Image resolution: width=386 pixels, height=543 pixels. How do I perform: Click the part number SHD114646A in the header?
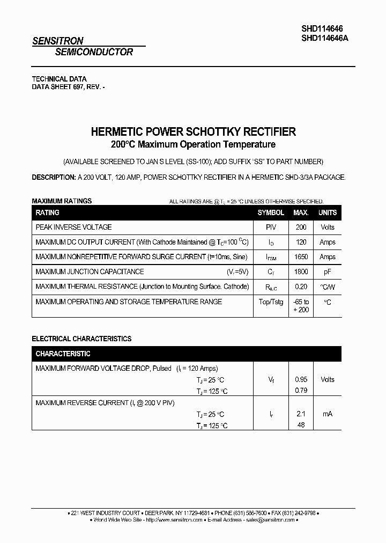[325, 38]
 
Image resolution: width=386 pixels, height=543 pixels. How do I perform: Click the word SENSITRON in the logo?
[57, 41]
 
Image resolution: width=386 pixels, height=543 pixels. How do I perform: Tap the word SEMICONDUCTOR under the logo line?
[94, 52]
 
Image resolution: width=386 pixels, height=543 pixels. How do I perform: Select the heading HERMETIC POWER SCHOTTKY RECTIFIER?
[193, 131]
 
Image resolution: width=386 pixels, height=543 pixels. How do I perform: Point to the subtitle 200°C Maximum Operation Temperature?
[193, 144]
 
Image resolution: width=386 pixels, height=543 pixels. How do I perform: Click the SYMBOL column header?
[271, 212]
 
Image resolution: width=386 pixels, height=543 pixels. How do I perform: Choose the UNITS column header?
[327, 212]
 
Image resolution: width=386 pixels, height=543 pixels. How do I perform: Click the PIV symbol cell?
[271, 227]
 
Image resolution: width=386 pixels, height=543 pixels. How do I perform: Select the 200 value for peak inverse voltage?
[301, 227]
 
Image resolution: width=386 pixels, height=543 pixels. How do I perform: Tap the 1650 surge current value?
[301, 257]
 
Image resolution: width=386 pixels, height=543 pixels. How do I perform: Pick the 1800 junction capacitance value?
[301, 272]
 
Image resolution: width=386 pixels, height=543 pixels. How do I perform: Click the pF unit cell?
[327, 272]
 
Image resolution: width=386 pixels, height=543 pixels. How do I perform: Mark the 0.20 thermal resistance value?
[301, 287]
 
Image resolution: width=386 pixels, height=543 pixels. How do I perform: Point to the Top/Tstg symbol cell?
[271, 302]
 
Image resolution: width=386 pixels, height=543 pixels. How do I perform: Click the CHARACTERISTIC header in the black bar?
[63, 354]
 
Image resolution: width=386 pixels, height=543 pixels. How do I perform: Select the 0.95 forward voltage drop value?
[301, 379]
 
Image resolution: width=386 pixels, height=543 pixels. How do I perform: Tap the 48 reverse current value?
[301, 424]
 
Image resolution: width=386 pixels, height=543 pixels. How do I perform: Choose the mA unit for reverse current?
[327, 414]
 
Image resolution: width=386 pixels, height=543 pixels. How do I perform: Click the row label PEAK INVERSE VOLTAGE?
[73, 227]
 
